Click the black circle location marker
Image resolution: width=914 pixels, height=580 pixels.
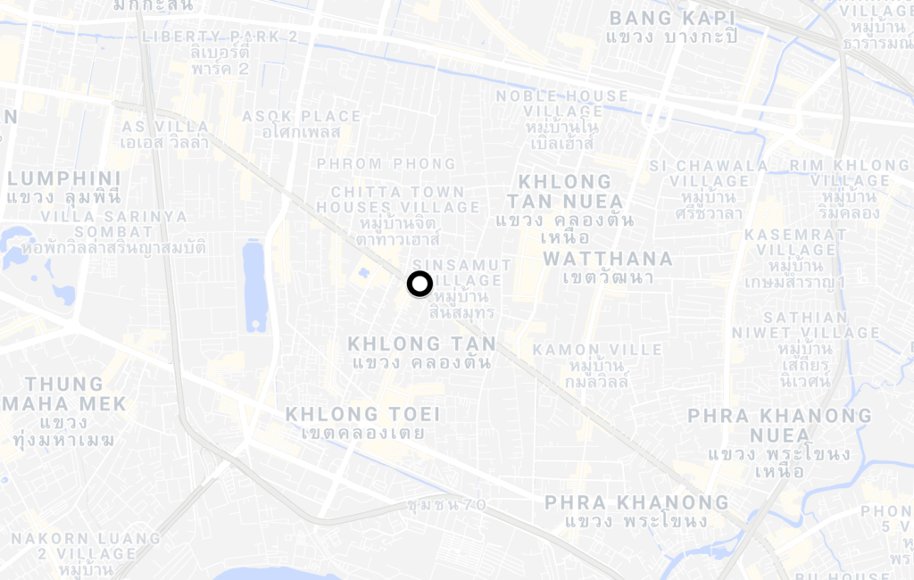coord(420,284)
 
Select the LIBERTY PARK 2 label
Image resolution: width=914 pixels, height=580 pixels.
coord(220,37)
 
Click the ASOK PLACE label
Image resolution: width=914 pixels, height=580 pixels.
coord(301,116)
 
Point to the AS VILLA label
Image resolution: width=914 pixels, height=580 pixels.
coord(165,127)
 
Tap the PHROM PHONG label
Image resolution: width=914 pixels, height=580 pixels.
coord(386,164)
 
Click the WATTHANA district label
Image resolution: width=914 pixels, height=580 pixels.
coord(608,259)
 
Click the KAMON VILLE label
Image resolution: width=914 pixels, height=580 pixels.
coord(597,350)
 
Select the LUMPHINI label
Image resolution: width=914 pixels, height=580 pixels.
coord(62,177)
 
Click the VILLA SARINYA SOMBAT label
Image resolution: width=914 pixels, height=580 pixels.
coord(113,224)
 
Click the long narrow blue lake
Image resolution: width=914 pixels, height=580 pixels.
coord(255,286)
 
